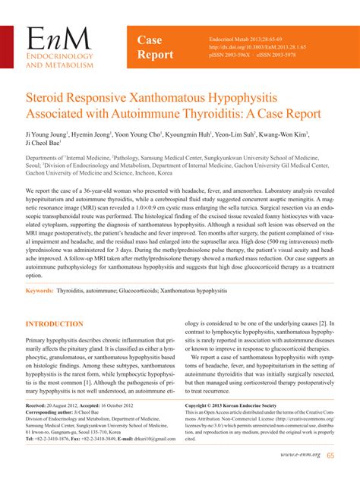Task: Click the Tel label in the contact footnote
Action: pyautogui.click(x=32, y=440)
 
